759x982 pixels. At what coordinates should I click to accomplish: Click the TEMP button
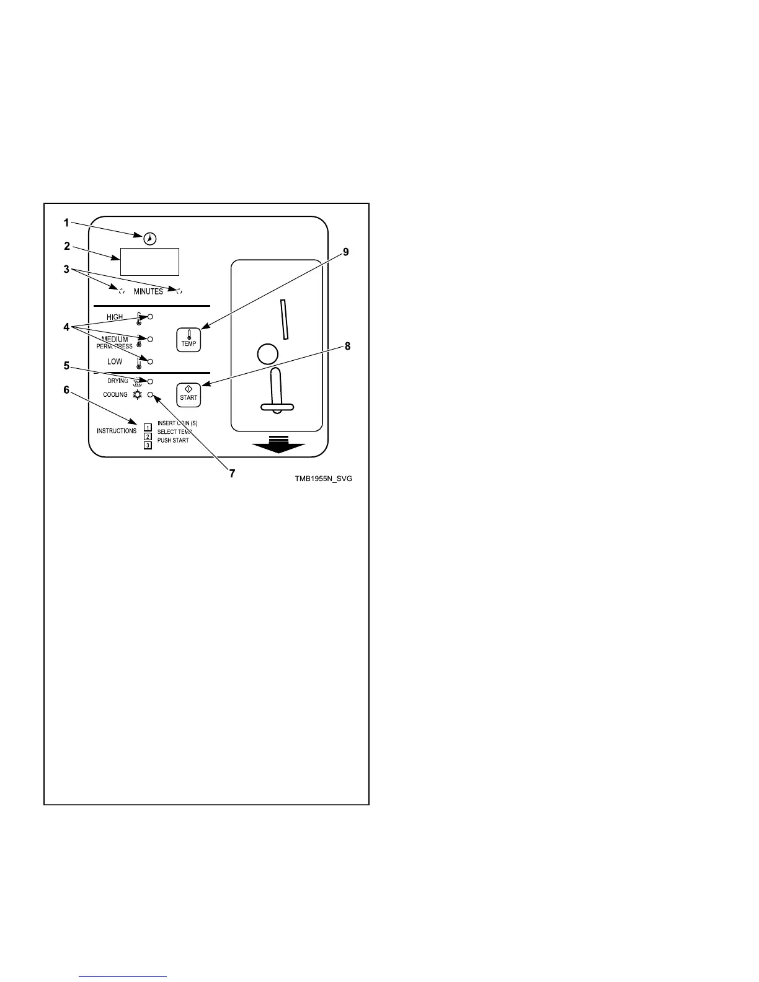189,339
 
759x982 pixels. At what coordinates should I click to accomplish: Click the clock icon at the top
150,238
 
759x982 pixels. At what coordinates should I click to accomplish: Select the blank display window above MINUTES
149,262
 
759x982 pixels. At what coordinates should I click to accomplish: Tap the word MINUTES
149,291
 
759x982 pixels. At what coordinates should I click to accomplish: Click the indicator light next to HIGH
150,317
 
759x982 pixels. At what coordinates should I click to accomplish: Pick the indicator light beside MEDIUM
150,339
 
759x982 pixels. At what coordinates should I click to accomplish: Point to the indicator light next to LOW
150,361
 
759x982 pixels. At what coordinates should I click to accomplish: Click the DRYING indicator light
150,381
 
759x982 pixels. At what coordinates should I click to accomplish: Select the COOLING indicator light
150,394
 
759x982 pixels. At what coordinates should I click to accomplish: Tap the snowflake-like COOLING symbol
137,394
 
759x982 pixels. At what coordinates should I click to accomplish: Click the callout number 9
346,252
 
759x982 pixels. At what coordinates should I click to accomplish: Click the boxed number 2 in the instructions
148,436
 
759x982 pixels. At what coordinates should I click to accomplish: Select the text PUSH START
173,441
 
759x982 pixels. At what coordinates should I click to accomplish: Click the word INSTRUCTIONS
117,431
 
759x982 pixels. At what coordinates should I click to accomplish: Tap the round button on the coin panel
267,354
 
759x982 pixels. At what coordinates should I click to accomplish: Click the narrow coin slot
283,319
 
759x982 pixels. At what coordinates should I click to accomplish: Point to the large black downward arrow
278,445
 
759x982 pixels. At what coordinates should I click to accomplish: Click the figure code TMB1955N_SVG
324,479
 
